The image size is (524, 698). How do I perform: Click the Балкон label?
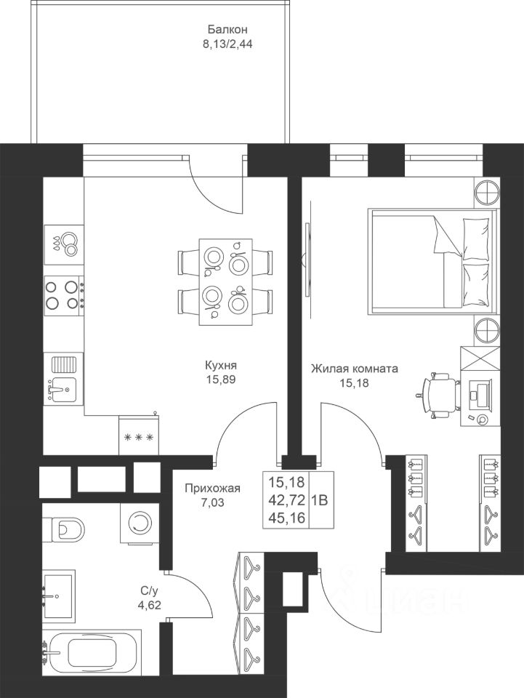[227, 29]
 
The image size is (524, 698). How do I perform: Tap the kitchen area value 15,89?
[220, 380]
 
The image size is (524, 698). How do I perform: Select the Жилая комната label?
[354, 369]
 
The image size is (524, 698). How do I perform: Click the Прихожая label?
[213, 489]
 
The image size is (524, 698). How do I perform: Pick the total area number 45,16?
[286, 518]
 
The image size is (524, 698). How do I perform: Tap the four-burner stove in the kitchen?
[63, 293]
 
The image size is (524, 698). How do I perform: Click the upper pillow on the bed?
[476, 238]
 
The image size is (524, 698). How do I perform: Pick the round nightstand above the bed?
[488, 192]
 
